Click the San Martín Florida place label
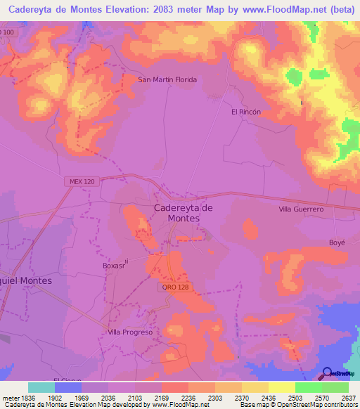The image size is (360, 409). coord(167,79)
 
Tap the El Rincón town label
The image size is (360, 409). coord(246,112)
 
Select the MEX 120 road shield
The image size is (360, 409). coord(82,181)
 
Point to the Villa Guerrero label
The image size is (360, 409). coord(300,209)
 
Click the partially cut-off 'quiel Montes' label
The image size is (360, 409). coord(26,280)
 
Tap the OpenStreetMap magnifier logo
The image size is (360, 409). coord(328,373)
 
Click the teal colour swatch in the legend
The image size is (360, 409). coord(41,387)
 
